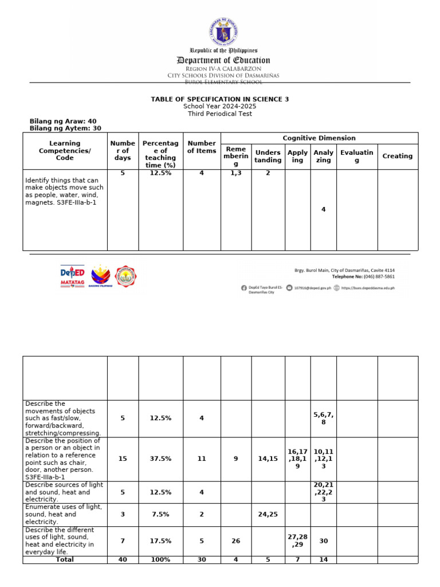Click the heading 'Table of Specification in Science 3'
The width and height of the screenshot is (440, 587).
tap(220, 99)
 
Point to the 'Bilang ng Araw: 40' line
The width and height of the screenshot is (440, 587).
tap(63, 122)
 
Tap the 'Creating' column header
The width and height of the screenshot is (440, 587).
tap(397, 156)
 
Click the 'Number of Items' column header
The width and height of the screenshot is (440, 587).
tap(202, 147)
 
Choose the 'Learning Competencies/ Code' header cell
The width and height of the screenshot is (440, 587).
tap(65, 151)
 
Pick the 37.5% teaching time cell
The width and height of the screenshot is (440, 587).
tap(160, 459)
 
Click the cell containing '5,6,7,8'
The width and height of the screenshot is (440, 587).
tap(323, 418)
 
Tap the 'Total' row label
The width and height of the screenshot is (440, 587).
tap(65, 559)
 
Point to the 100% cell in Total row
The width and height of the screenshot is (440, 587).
tap(160, 559)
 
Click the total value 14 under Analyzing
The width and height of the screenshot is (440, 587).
tap(323, 559)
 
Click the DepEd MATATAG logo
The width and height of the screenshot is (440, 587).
tap(72, 277)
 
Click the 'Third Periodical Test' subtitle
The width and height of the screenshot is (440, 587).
tap(220, 114)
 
